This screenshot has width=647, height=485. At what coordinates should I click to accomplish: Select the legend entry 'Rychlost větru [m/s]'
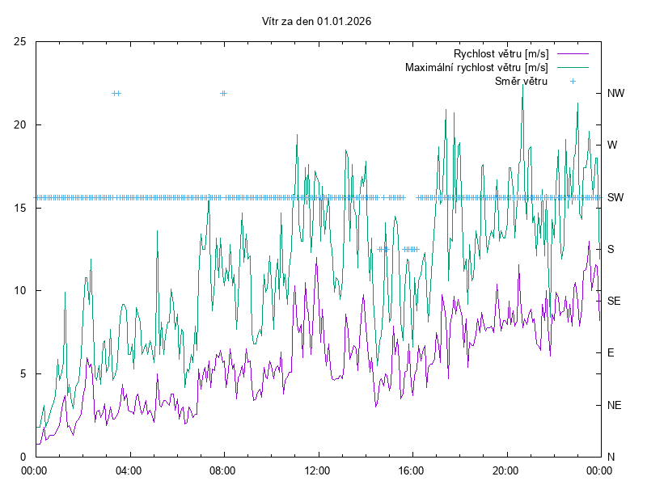pos(501,54)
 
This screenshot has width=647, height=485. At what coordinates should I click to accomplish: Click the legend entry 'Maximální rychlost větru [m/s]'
pos(476,67)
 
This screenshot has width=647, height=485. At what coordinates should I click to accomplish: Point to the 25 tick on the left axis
pos(20,41)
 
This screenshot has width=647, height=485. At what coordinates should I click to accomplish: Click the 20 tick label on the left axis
pos(20,124)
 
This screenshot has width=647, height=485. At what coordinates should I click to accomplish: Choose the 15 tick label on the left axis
pos(20,208)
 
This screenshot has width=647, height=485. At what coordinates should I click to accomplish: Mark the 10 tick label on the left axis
pos(20,290)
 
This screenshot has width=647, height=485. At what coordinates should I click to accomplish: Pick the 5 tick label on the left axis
pos(23,373)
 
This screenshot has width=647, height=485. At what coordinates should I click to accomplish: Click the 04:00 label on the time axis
pos(129,470)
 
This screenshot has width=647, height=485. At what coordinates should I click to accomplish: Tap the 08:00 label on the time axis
pos(223,470)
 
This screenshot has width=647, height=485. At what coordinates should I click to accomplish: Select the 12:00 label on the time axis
pos(318,470)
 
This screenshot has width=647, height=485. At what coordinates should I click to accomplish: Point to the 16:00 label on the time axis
pos(412,470)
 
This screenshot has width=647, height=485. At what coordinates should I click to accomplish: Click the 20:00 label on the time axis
pos(506,470)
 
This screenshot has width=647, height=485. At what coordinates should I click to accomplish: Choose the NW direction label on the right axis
pos(616,93)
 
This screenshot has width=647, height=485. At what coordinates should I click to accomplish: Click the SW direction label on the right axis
pos(615,197)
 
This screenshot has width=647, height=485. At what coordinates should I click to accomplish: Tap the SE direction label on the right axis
pos(614,301)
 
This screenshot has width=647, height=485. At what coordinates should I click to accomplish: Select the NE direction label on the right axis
pos(614,404)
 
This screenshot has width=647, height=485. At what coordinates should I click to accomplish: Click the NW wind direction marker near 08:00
pos(223,93)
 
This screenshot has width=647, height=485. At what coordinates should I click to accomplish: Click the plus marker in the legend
pos(572,81)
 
